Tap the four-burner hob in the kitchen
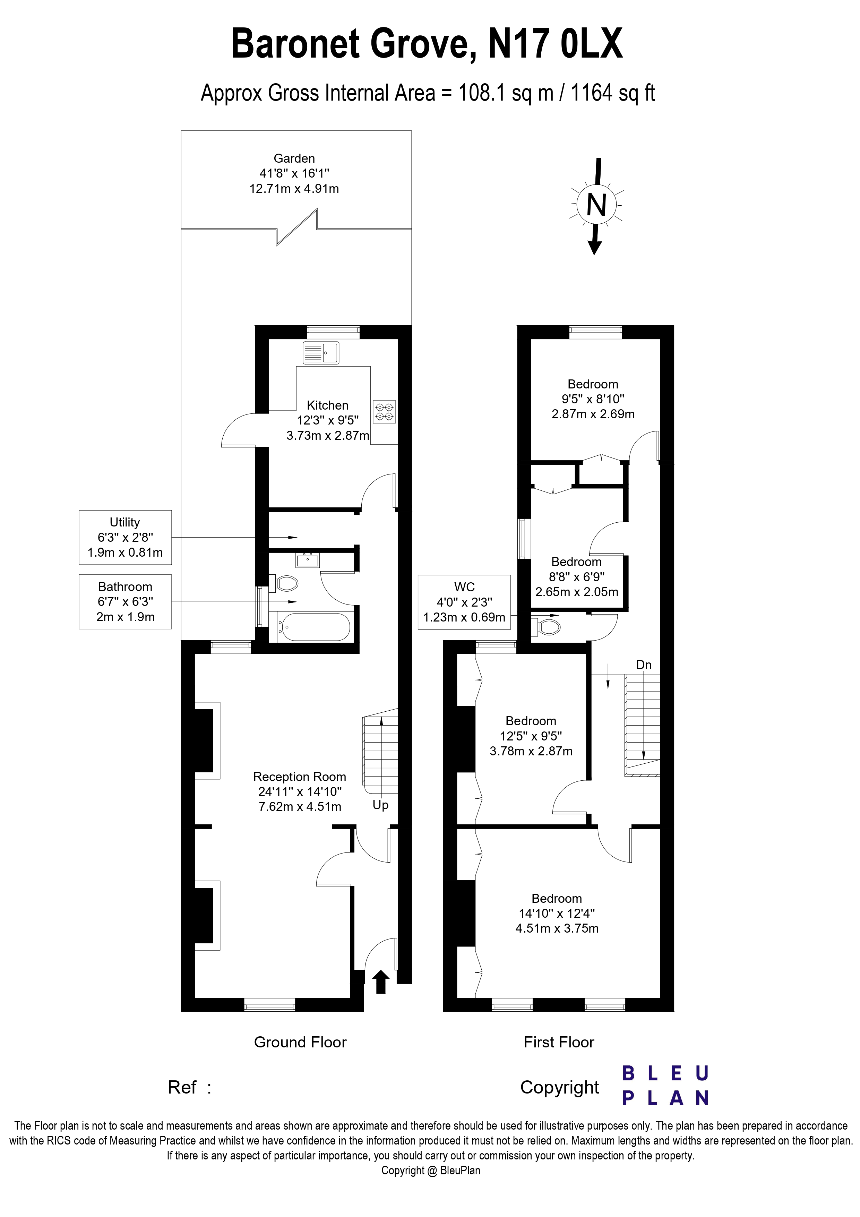(x=384, y=412)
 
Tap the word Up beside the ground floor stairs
(x=380, y=805)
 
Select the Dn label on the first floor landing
(x=644, y=665)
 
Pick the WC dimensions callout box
(x=464, y=602)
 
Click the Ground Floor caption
(x=300, y=1042)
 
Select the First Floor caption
(x=559, y=1042)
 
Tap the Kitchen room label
(x=327, y=405)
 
